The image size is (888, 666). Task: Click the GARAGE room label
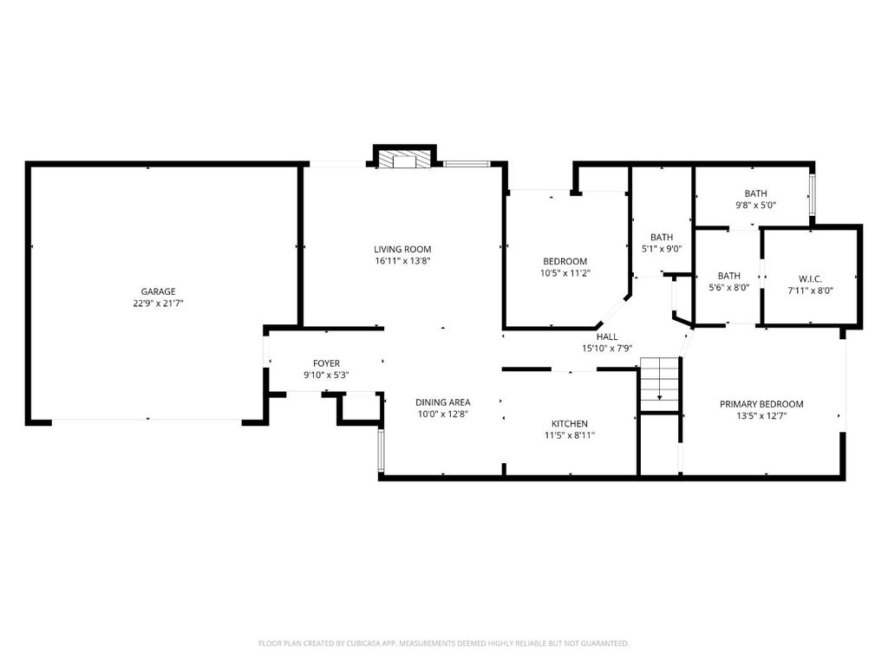158,291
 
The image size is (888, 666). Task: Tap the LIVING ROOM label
402,249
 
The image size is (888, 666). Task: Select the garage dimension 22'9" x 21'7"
158,304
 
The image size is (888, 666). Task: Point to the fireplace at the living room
404,160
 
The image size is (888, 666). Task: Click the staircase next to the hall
659,384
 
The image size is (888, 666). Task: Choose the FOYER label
327,363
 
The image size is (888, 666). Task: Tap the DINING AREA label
443,402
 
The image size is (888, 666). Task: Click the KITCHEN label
570,423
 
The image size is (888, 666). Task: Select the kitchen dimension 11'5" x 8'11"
570,435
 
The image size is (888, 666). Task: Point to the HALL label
607,337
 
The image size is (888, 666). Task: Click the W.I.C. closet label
811,279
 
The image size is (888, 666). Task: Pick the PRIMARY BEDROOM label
761,404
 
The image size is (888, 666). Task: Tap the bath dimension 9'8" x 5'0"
756,206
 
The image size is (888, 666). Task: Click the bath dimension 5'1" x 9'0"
662,249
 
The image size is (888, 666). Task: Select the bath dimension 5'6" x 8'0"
729,288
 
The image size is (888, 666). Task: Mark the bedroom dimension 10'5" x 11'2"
565,273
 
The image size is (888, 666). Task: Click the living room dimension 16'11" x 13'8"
402,261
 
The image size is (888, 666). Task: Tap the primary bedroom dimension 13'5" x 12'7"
761,416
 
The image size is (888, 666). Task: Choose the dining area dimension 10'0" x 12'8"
443,414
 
